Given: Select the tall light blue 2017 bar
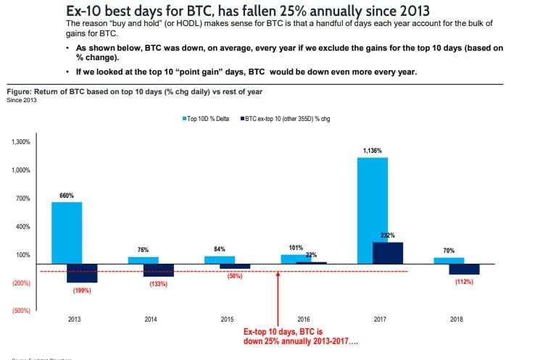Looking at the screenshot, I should click(373, 210).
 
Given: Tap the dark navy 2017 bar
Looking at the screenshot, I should click(388, 253).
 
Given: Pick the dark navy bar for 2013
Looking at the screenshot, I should click(82, 273).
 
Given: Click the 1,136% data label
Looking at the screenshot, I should click(372, 150).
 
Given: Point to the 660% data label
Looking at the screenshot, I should click(66, 196).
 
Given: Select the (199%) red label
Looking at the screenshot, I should click(82, 290).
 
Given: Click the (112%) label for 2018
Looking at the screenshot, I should click(464, 282).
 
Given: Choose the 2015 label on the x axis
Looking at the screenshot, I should click(227, 319).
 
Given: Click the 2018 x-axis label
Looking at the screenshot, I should click(457, 319).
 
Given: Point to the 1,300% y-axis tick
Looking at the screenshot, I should click(21, 142).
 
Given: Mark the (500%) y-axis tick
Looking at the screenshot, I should click(21, 311).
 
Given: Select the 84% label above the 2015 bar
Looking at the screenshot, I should click(220, 249).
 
